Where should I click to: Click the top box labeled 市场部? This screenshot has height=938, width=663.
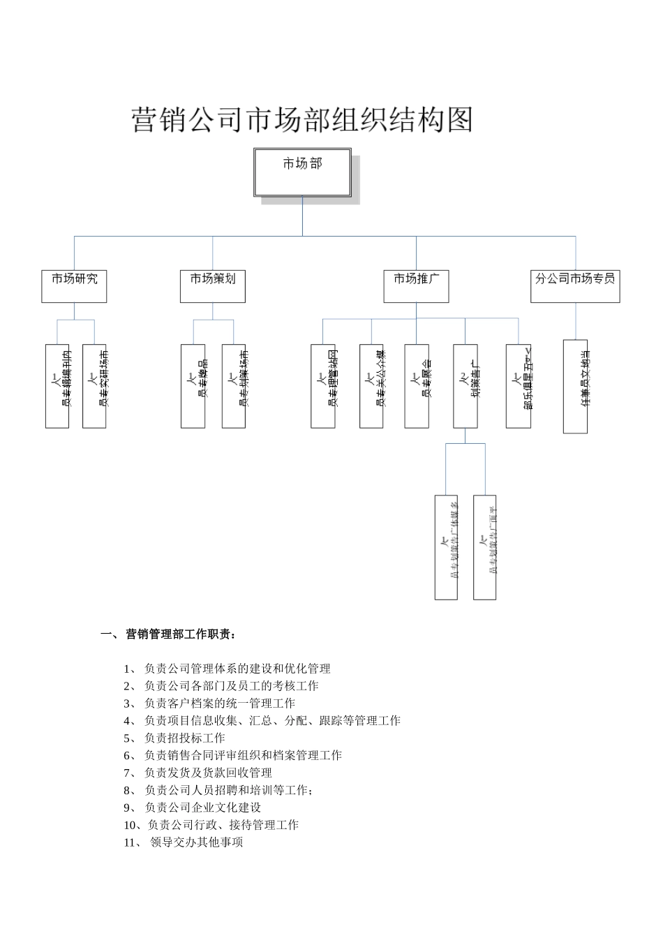point(303,172)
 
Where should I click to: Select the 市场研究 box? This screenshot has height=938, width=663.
point(74,286)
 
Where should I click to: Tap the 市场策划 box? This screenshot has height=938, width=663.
point(212,286)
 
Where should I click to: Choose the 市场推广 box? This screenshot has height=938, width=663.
point(416,286)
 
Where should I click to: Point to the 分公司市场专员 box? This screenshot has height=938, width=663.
point(575,286)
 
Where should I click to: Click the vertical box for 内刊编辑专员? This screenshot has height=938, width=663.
point(57,386)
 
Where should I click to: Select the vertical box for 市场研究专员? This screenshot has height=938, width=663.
point(94,386)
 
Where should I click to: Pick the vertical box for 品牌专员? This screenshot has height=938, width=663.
point(193,386)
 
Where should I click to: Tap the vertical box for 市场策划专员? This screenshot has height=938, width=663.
point(234,386)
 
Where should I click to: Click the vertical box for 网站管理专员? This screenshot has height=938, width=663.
point(323,386)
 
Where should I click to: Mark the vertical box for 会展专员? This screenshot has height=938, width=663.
point(417,386)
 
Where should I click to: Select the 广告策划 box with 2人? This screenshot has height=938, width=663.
point(465,386)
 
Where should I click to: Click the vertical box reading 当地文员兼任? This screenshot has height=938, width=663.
point(575,386)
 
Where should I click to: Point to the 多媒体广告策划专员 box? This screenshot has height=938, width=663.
point(446,547)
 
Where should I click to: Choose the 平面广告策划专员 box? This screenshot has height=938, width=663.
point(484,547)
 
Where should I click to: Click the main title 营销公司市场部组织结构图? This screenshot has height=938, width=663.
point(302,120)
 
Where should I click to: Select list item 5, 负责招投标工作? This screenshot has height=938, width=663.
point(184,738)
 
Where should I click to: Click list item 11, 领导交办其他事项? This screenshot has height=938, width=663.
point(196,842)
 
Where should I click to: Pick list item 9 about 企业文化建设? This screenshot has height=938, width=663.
point(202,807)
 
